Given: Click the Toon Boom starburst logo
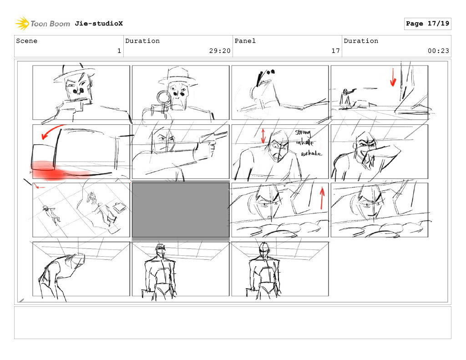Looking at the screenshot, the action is point(22,24).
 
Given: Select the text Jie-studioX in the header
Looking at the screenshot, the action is point(99,24).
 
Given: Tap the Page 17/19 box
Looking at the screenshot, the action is point(427,24).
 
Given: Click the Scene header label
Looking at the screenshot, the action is point(27,41).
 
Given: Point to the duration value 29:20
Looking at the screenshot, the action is point(220,51).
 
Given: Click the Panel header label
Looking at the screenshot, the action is point(245,41).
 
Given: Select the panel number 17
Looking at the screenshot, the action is point(335,51).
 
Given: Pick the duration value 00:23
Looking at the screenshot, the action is point(438,51).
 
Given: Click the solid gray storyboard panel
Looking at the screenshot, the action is point(181,210).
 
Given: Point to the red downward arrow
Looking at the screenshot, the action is point(393,77).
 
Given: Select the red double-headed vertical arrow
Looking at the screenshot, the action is point(263,136).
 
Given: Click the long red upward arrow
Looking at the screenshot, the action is point(322,198).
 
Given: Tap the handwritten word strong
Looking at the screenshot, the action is point(303,132).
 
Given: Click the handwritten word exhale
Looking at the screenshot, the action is point(311,154).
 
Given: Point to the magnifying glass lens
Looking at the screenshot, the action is point(163,97).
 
